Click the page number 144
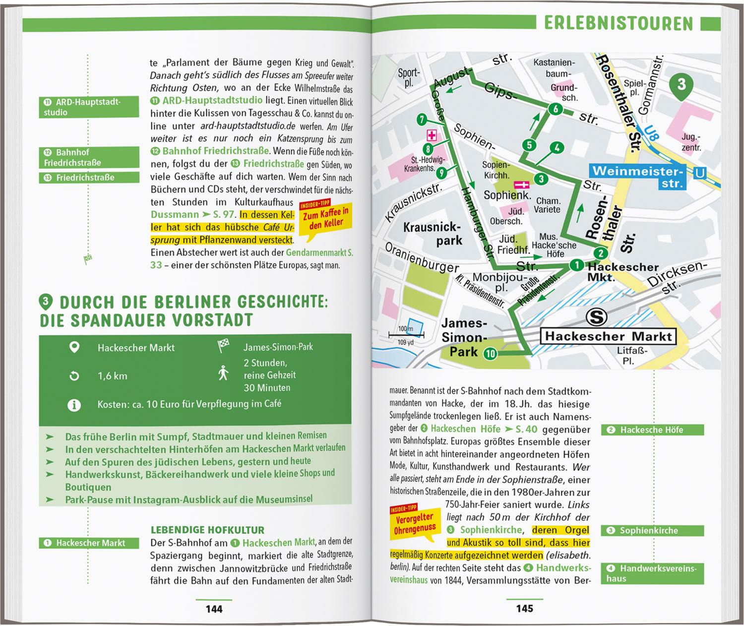point(214,609)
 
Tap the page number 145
point(524,608)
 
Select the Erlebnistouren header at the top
point(618,23)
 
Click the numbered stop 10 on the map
point(490,353)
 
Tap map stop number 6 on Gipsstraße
point(556,109)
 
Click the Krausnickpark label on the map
point(433,234)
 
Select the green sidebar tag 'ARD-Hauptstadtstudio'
point(89,107)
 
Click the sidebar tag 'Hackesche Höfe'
point(652,430)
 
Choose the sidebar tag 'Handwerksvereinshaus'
point(652,573)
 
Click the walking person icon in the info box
point(223,373)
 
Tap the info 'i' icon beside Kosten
point(74,405)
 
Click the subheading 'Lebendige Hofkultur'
point(207,530)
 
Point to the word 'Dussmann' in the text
point(175,215)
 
